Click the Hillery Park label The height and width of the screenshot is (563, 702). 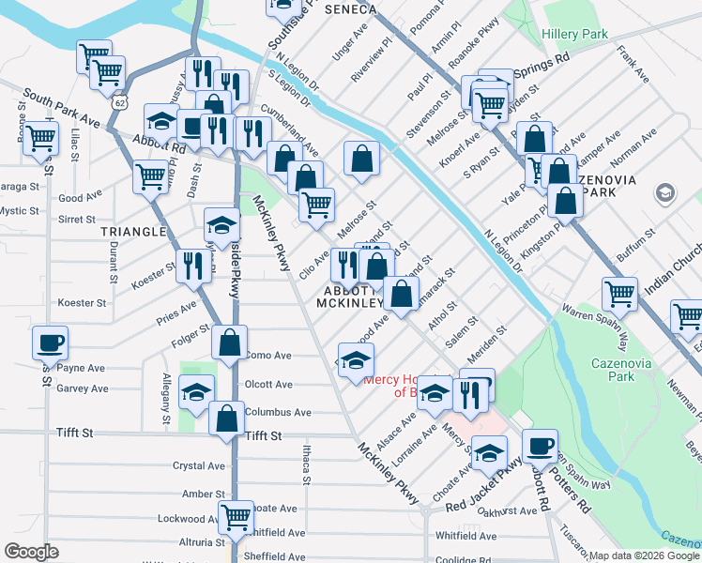click(x=574, y=34)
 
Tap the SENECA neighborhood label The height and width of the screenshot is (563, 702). click(x=349, y=9)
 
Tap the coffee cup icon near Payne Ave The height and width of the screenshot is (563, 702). click(x=51, y=343)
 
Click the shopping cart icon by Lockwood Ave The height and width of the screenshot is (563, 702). click(x=236, y=517)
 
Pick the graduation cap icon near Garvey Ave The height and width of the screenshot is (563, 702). click(x=196, y=392)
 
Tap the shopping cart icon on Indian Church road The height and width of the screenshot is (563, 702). click(x=620, y=294)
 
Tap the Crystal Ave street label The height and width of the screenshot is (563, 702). click(x=199, y=466)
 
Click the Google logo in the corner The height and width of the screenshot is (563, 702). click(x=31, y=552)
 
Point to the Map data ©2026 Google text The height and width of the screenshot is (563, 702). click(x=644, y=555)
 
